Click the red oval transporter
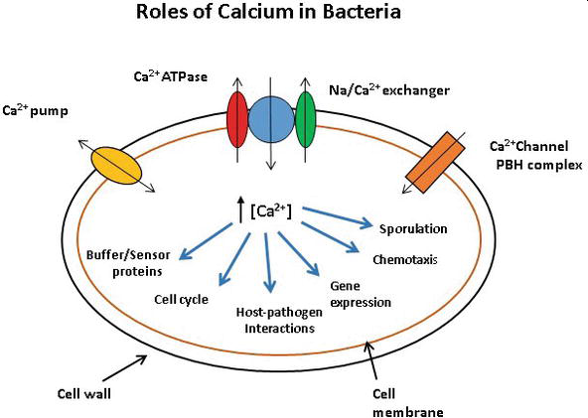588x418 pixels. [237, 119]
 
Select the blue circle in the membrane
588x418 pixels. [271, 119]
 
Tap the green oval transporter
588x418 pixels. [305, 119]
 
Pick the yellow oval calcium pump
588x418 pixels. [116, 166]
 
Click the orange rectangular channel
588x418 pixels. [435, 162]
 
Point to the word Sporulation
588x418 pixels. [413, 228]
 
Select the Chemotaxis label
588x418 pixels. [405, 259]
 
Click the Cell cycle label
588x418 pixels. [181, 300]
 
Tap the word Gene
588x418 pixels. [345, 286]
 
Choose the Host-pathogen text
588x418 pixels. [279, 313]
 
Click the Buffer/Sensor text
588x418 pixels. [128, 255]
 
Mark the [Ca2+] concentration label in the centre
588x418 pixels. [271, 211]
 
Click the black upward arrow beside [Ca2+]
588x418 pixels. [240, 209]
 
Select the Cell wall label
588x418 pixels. [84, 393]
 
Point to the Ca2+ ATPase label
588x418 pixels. [171, 76]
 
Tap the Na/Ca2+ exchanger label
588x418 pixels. [389, 89]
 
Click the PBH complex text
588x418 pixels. [539, 165]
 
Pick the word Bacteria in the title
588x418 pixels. [362, 11]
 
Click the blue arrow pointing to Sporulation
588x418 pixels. [338, 217]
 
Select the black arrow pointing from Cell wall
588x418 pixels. [124, 367]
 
